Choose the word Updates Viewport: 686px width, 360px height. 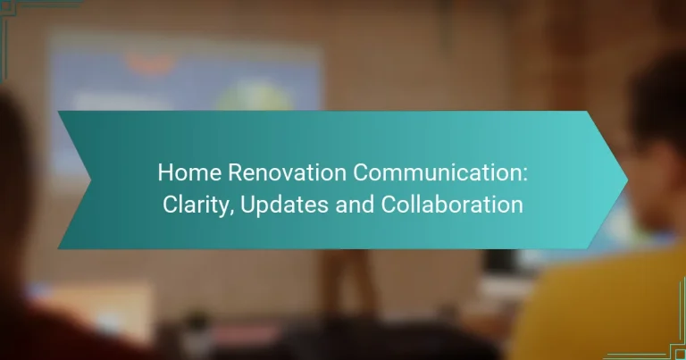(x=278, y=205)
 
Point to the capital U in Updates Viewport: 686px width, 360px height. (x=246, y=205)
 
